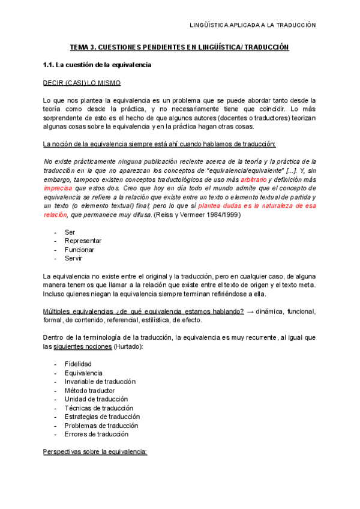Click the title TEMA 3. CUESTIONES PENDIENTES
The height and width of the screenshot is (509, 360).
(179, 47)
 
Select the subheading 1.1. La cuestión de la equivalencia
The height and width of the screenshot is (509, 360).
(97, 65)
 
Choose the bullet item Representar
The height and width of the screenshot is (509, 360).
(83, 241)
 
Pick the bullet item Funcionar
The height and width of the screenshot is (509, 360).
(79, 250)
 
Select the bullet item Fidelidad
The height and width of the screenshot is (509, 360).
(79, 364)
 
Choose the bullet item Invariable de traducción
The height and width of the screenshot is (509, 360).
(100, 382)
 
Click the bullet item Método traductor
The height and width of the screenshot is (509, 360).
(89, 390)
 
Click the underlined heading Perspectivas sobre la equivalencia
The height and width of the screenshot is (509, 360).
(95, 451)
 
